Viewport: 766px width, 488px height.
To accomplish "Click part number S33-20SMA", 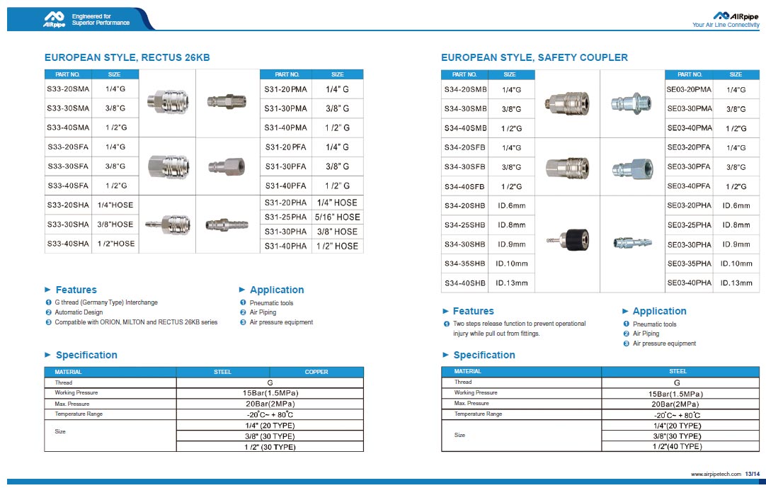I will point(68,89).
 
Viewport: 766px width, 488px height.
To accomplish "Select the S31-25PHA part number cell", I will point(285,217).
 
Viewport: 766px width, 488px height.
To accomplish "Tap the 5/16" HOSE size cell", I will point(338,217).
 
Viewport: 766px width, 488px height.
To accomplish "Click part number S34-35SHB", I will point(464,263).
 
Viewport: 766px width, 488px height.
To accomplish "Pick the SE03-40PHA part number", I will point(689,283).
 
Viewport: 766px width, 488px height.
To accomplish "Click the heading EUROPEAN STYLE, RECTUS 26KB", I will point(127,57).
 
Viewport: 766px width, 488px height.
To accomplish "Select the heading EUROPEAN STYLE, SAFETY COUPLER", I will point(535,57).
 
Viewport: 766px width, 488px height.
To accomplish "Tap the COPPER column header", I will point(316,372).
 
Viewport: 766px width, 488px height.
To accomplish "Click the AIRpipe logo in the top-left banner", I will point(55,18).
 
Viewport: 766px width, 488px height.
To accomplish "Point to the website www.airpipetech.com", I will point(715,474).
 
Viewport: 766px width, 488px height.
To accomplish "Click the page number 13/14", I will point(753,474).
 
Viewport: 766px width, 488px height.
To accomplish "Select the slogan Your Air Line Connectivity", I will point(726,25).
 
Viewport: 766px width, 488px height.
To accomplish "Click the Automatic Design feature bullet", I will point(79,312).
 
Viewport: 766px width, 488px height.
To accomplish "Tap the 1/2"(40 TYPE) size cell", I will point(678,447).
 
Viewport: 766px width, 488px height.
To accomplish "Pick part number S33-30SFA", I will point(68,166).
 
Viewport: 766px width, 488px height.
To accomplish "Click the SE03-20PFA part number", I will point(689,147).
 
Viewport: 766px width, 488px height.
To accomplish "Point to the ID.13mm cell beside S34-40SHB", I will point(512,283).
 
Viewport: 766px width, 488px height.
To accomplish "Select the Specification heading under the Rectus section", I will point(86,355).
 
